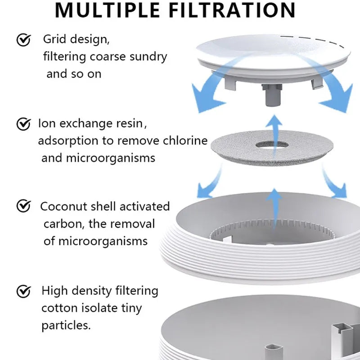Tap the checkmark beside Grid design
23,40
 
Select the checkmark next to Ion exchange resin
23,124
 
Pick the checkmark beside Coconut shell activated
23,207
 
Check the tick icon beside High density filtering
23,291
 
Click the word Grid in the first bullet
54,40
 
